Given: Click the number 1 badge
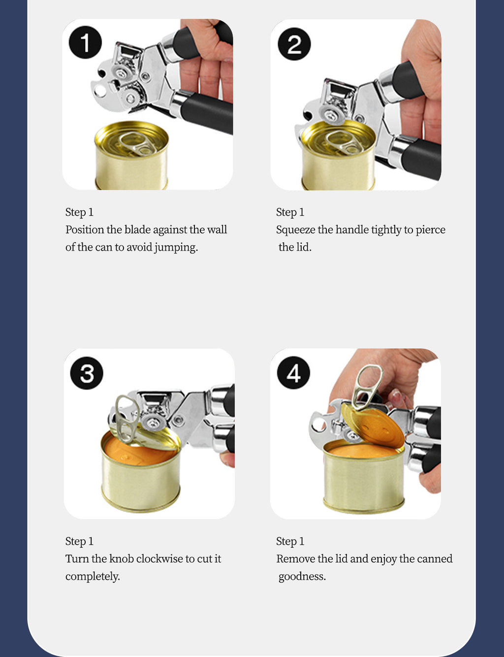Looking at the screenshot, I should [x=85, y=43].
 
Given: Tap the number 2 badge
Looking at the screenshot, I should [x=294, y=44].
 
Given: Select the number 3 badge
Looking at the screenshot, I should [x=87, y=373].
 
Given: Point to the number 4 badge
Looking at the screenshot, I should [x=293, y=373].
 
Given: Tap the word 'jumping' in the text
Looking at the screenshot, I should [x=176, y=247].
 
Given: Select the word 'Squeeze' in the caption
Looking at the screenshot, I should [x=295, y=230].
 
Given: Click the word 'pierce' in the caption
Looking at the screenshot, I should [x=430, y=230].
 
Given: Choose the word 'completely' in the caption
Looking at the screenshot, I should [x=92, y=576].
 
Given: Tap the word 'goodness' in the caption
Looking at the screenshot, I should [x=302, y=576].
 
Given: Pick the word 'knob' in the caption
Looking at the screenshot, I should [x=121, y=558].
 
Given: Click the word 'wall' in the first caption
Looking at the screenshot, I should [x=217, y=230].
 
